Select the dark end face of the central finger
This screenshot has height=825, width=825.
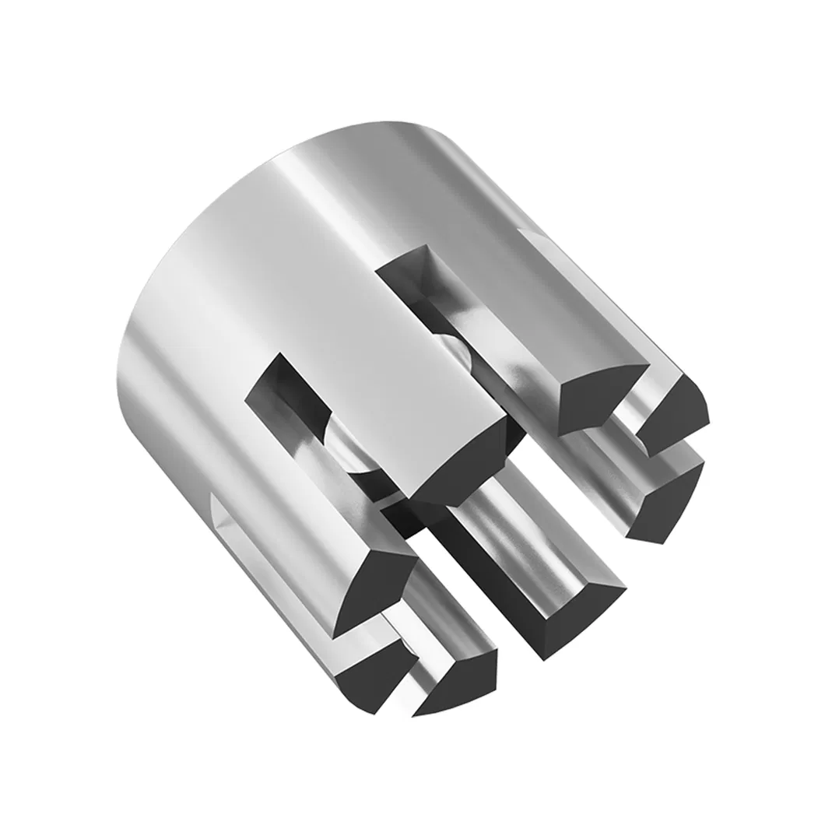pos(459,467)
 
